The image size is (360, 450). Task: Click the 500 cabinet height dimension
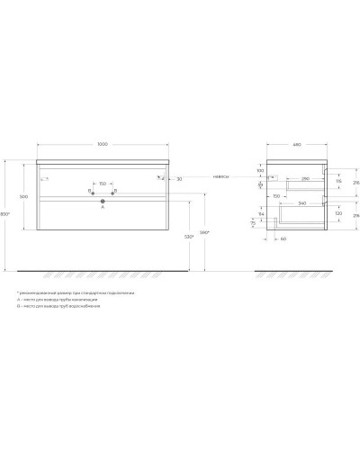click(22, 197)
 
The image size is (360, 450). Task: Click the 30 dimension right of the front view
click(180, 180)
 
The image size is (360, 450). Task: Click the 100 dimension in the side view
click(260, 170)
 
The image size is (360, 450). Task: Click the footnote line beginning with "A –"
click(55, 301)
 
